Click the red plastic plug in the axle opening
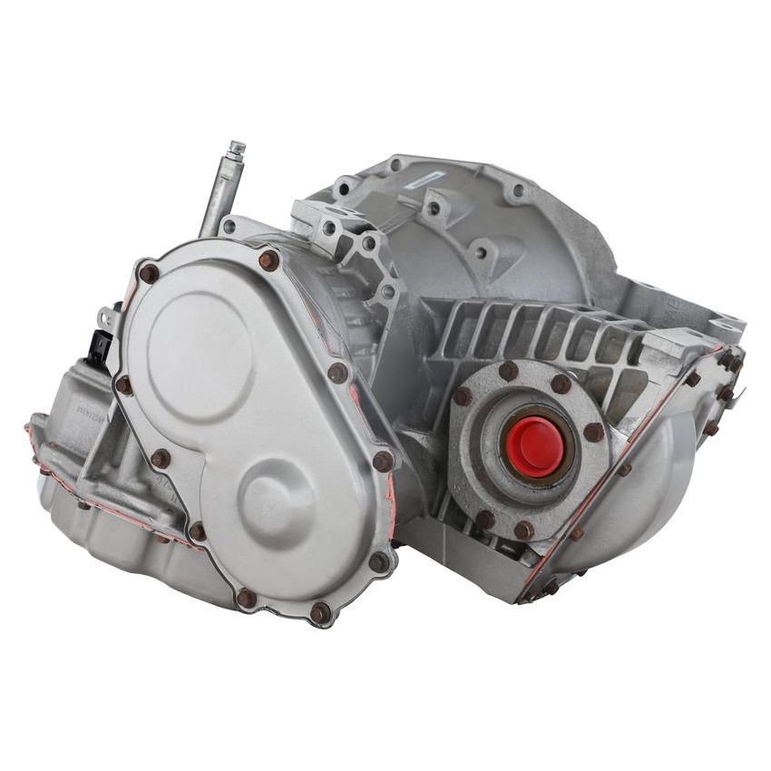[x=533, y=446]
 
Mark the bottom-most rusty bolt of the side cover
[x=319, y=613]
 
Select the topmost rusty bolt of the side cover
[x=268, y=260]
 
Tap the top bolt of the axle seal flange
[x=508, y=370]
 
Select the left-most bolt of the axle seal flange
[x=463, y=396]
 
